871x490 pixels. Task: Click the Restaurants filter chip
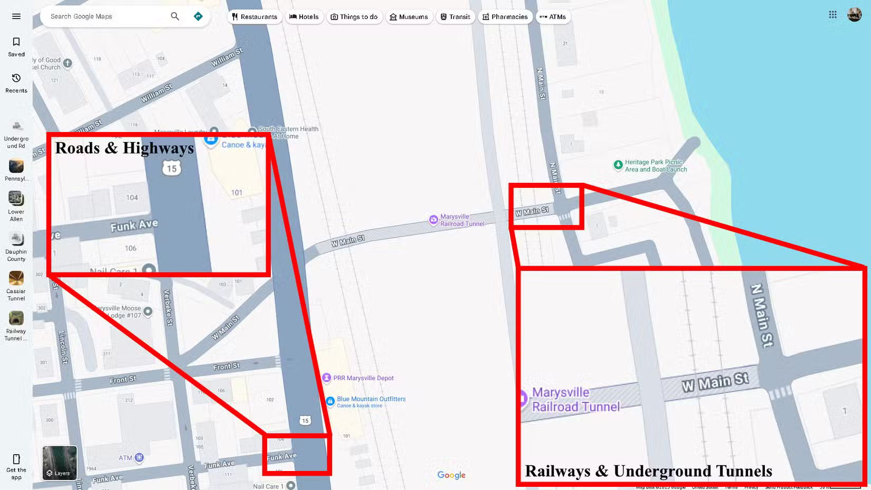[x=254, y=17]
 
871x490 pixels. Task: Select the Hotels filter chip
[x=304, y=17]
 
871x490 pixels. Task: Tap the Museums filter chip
[x=409, y=17]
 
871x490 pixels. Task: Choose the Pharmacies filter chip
[x=505, y=17]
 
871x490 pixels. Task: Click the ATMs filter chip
[x=552, y=17]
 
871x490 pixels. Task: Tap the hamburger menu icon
[x=16, y=16]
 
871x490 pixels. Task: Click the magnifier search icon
[x=175, y=16]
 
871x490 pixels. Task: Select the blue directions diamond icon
[x=198, y=16]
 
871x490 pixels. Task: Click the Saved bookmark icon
[x=16, y=42]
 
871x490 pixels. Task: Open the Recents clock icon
[x=16, y=78]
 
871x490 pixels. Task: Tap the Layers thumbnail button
[x=60, y=463]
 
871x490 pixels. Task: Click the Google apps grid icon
[x=832, y=15]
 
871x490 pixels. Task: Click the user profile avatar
[x=854, y=15]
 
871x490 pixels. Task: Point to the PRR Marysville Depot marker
[x=327, y=378]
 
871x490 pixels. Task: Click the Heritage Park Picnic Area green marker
[x=618, y=165]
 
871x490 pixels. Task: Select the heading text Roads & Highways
[x=125, y=148]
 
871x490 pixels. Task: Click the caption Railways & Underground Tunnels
[x=648, y=471]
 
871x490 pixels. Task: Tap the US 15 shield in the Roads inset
[x=172, y=168]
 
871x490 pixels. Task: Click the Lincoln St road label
[x=63, y=347]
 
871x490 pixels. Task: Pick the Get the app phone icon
[x=16, y=459]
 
